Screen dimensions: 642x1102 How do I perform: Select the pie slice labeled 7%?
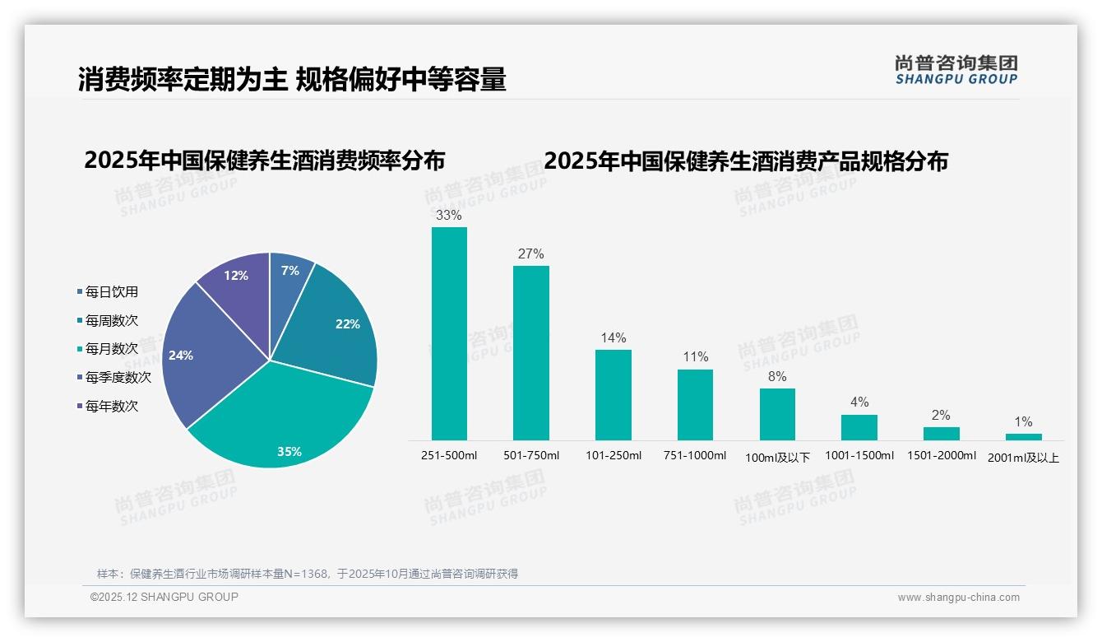[289, 276]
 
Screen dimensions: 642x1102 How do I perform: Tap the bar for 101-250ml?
[614, 395]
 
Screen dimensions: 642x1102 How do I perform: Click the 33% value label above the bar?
[449, 216]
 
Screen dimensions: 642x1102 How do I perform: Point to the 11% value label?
[695, 357]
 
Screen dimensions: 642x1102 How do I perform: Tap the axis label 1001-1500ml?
[859, 455]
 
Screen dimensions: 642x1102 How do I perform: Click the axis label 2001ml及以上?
[1023, 458]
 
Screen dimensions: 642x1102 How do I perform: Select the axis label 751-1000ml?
[695, 455]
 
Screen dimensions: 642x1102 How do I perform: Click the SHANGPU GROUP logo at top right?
[956, 70]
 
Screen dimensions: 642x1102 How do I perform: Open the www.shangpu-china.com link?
[958, 598]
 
